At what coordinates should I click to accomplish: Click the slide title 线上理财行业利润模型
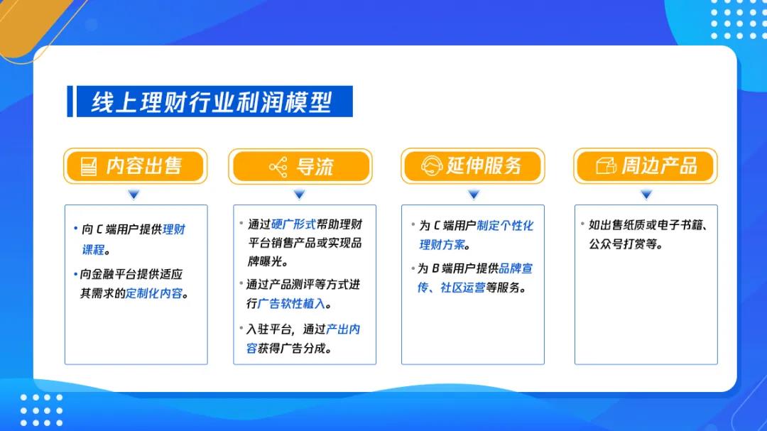click(212, 102)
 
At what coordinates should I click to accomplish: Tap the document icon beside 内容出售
click(89, 166)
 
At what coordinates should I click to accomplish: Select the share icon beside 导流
click(278, 168)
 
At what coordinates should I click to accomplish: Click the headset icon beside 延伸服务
click(432, 166)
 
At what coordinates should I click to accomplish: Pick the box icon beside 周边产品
click(606, 166)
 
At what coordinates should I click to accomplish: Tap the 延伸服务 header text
click(484, 166)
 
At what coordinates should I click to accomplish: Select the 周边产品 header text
click(659, 166)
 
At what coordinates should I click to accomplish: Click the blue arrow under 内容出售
click(134, 195)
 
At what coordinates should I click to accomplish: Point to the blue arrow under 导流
click(300, 195)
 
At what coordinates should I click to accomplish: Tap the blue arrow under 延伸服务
click(473, 195)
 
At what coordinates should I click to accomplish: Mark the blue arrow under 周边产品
click(646, 195)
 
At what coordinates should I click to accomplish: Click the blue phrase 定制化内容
click(154, 293)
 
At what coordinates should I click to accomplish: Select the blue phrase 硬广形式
click(293, 224)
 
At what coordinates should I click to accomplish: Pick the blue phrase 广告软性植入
click(292, 304)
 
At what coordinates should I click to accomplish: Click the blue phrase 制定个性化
click(506, 226)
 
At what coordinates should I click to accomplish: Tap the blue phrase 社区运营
click(463, 288)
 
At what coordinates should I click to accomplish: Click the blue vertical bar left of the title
click(70, 102)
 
